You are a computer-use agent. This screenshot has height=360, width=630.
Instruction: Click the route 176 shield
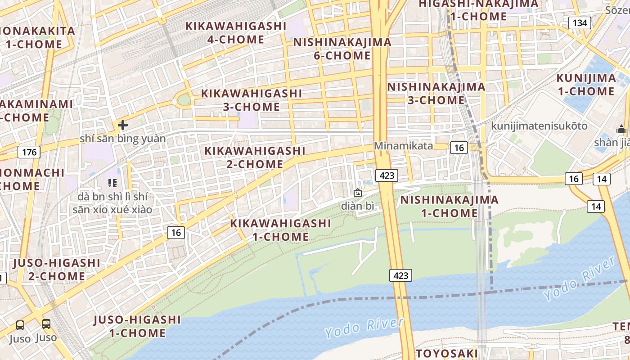29,152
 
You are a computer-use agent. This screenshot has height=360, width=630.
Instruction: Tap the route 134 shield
579,23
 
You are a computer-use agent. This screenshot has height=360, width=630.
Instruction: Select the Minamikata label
403,146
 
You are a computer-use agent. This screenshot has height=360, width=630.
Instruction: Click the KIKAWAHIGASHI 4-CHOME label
236,33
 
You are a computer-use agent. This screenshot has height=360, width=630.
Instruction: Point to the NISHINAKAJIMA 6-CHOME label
342,49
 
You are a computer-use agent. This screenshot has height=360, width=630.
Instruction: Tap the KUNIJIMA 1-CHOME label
586,85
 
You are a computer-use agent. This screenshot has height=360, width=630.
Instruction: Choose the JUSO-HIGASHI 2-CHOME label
57,269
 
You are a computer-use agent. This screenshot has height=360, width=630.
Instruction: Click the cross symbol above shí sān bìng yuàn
122,125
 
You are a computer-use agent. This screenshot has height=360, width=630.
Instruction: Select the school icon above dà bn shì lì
112,183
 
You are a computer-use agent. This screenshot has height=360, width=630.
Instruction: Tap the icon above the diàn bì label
358,193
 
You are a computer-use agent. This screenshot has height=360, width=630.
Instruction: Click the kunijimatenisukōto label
539,126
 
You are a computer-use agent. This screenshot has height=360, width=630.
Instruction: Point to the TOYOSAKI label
446,353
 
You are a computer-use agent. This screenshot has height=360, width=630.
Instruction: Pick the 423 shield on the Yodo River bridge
400,275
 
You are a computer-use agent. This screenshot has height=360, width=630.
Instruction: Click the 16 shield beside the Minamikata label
459,148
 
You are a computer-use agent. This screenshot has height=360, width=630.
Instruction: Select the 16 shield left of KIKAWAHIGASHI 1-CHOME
176,233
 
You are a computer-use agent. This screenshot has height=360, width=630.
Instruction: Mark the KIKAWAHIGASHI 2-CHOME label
255,157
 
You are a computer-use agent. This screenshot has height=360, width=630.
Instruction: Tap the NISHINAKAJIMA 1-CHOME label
449,206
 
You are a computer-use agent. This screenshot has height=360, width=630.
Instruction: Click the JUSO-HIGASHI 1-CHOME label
137,326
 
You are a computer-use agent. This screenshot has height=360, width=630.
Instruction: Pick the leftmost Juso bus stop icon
20,325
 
